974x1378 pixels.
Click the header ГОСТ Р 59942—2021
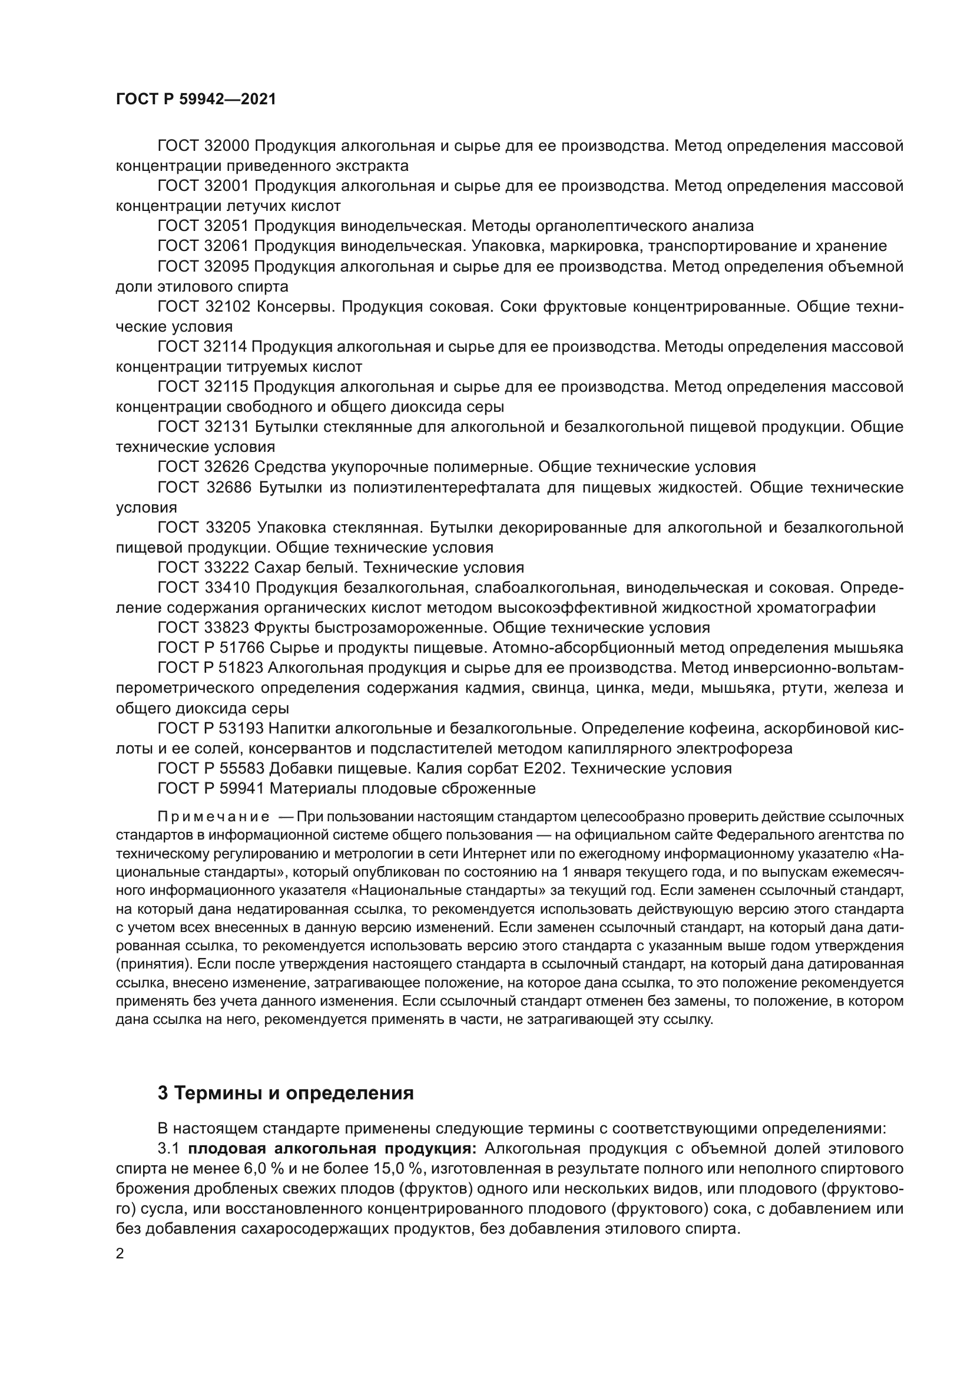(196, 100)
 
